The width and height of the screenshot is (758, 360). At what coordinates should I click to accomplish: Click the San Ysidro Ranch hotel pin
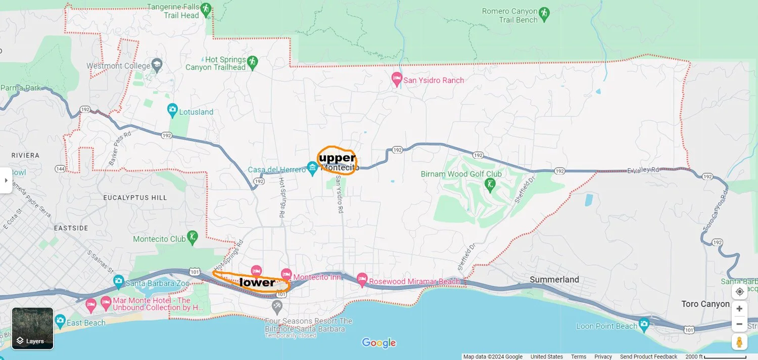pos(397,79)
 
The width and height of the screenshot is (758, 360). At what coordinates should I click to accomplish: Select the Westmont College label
pos(119,66)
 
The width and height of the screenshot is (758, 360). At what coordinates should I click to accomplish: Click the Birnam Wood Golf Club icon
pos(489,184)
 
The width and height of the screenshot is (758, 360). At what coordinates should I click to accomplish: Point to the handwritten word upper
pos(337,158)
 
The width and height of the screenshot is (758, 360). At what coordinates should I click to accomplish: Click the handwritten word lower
pos(257,282)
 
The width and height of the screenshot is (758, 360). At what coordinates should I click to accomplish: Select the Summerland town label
pos(554,280)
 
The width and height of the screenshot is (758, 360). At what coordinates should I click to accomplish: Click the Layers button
pos(32,328)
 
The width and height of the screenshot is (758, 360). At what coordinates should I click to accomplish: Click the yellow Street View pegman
pos(739,342)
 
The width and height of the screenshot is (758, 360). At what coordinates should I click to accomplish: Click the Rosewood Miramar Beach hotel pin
pos(362,279)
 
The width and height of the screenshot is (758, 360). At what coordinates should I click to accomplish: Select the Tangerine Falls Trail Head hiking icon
pos(205,9)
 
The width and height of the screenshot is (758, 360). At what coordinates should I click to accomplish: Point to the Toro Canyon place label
pos(705,304)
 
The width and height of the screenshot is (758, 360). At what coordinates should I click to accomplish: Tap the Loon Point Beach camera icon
pos(644,323)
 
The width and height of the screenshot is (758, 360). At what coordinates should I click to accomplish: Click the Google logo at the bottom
pos(378,343)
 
